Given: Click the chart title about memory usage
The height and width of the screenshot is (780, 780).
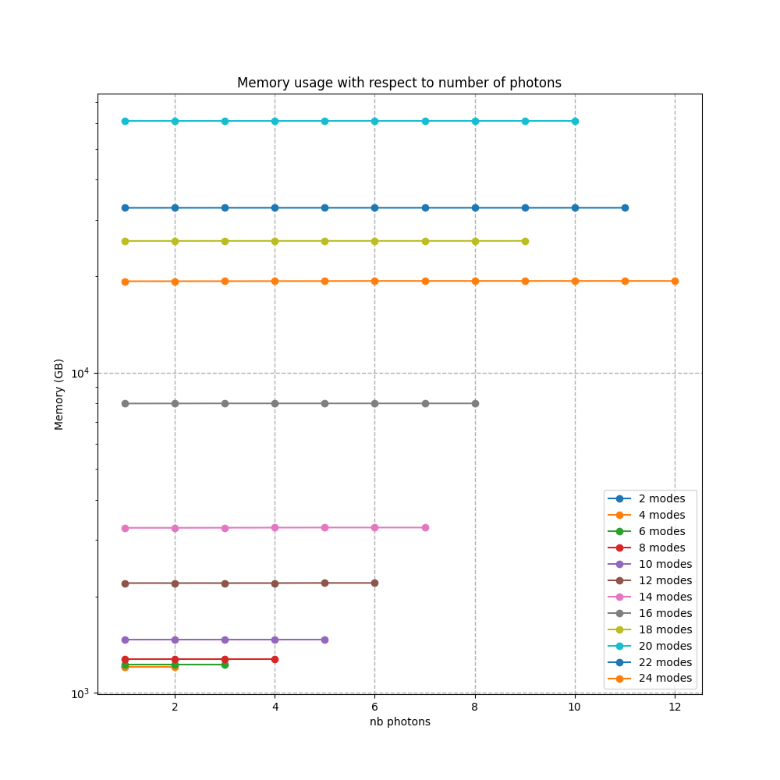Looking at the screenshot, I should [x=399, y=83].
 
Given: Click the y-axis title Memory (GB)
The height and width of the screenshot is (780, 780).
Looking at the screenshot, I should [x=59, y=394].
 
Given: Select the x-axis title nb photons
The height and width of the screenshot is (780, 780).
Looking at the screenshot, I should [x=399, y=721].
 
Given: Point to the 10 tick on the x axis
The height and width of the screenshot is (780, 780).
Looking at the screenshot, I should [x=575, y=707].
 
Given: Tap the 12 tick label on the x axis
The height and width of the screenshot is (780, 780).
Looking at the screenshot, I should [x=675, y=707].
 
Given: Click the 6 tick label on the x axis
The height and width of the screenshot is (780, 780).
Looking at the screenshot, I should [x=374, y=707].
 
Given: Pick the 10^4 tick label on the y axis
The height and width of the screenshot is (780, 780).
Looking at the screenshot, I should [x=80, y=373].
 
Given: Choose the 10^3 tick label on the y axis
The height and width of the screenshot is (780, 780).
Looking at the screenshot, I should [x=80, y=693].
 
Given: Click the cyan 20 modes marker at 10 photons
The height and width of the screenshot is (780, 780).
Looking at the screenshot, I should [x=575, y=121].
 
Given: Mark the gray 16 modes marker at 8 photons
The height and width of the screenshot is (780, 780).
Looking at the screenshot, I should [x=475, y=403].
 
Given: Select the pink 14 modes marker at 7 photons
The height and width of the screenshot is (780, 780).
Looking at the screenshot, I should [x=425, y=527].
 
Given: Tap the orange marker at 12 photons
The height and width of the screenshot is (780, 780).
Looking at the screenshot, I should [x=675, y=281].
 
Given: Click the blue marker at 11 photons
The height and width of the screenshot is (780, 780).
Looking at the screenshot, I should [x=625, y=207].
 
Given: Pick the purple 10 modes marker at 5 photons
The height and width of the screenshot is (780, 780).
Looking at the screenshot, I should [x=324, y=640].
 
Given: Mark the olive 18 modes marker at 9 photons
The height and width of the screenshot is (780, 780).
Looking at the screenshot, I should [x=525, y=241].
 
